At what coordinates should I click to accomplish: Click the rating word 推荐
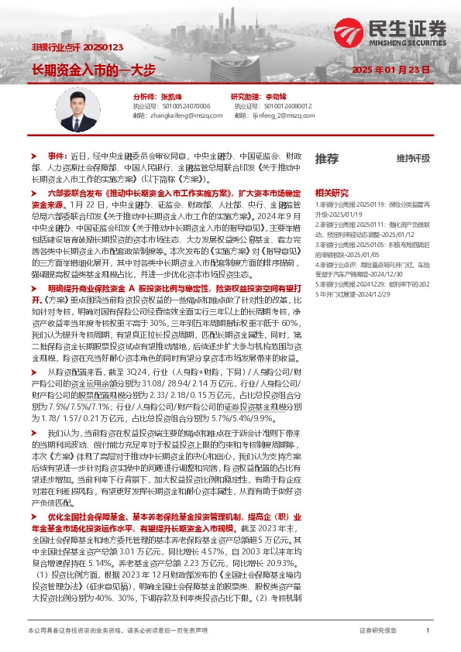tap(326, 158)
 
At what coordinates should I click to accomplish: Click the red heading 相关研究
tap(330, 191)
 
